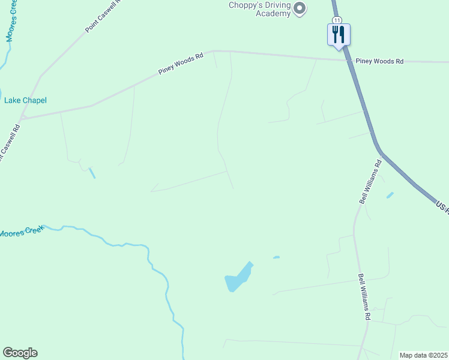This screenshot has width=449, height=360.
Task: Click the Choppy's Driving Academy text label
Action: [259, 9]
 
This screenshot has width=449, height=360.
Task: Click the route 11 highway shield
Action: [337, 20]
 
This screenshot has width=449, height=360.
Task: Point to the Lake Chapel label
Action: [25, 101]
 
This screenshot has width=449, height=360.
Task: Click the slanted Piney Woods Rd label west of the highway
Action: [181, 64]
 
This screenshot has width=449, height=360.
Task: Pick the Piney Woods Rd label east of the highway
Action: [379, 61]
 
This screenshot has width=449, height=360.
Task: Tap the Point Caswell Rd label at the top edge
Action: [103, 16]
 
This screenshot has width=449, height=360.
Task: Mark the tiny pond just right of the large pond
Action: [276, 257]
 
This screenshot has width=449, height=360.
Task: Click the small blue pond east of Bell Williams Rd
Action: [390, 195]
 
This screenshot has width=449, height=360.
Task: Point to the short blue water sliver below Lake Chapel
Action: [92, 173]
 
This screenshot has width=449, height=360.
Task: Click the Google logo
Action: [20, 353]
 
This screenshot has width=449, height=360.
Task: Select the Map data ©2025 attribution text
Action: [423, 355]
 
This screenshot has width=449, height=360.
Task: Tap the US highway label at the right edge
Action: [443, 206]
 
